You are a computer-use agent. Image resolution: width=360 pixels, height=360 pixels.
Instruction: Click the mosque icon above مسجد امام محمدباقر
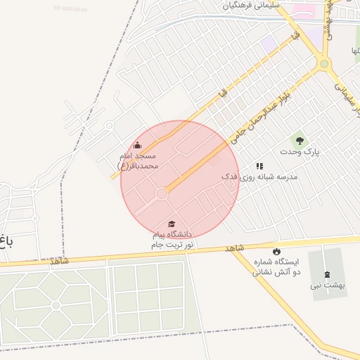coord(136,146)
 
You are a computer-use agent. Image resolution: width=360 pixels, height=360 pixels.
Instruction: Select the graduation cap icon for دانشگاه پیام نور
coord(172,224)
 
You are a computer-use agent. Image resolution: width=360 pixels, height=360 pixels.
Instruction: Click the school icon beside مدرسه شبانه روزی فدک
coord(259,167)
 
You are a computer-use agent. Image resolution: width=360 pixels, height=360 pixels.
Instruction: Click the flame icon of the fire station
coord(276,251)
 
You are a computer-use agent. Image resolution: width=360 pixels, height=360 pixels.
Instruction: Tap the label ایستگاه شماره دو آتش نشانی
coord(276,266)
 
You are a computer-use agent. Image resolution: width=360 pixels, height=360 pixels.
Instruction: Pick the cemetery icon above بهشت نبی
coord(327,274)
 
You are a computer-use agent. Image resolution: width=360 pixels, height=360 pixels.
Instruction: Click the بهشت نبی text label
coord(327,286)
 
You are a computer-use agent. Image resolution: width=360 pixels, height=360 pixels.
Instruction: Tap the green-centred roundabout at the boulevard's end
coord(323,64)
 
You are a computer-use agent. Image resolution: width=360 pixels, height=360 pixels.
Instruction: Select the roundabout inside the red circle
coord(162,193)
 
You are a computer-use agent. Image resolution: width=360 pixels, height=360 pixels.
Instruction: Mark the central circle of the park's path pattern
coord(56,305)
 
